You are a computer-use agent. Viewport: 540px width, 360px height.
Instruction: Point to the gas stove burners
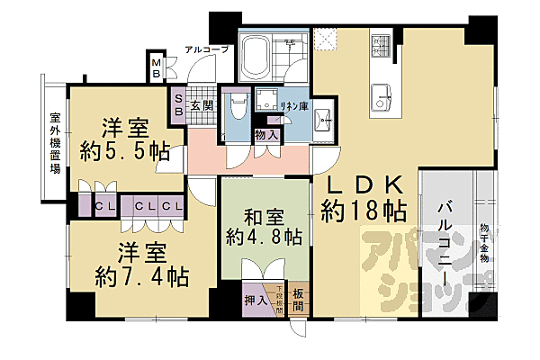tap(379, 45)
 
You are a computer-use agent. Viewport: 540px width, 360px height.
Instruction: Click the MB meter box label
tap(157, 67)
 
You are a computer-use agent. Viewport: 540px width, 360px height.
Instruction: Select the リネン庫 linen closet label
tap(292, 106)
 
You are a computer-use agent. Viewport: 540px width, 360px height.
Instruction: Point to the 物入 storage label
tap(265, 135)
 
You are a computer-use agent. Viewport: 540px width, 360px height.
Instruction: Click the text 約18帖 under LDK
tap(364, 213)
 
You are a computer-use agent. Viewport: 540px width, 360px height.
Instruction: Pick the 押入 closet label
tap(255, 301)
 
